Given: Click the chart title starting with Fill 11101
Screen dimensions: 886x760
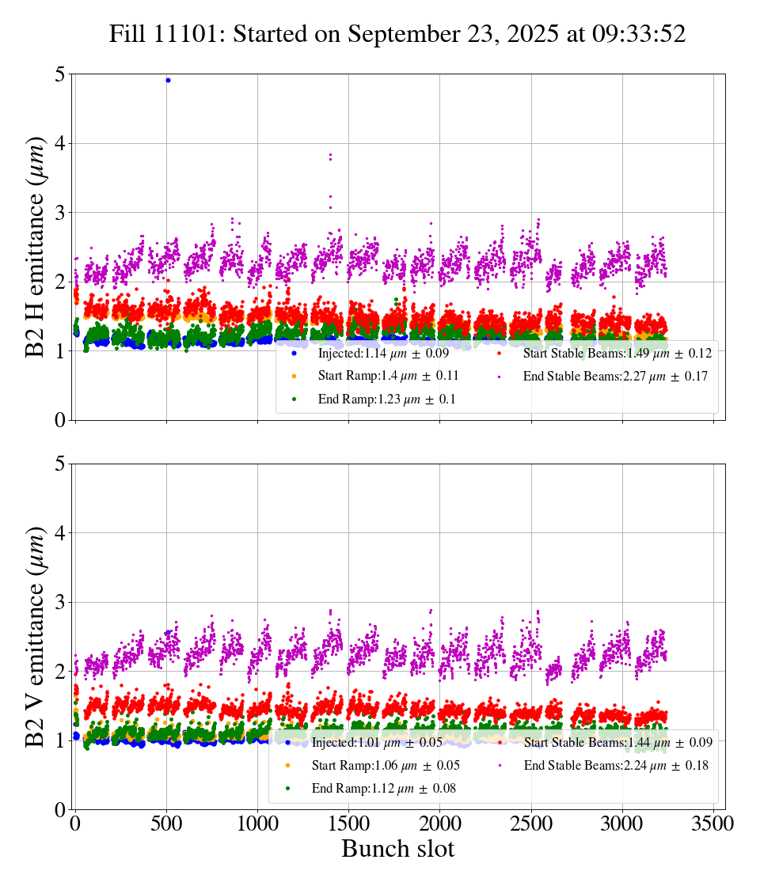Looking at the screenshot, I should [x=397, y=34].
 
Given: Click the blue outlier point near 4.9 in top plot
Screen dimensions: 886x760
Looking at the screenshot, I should [x=168, y=80].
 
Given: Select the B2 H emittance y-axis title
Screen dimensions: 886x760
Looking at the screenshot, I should [x=36, y=247].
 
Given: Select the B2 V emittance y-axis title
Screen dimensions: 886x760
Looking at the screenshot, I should [x=36, y=636].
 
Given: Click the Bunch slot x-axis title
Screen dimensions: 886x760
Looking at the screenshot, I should [x=397, y=850].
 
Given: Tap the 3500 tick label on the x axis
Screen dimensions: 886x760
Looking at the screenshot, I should [x=713, y=824].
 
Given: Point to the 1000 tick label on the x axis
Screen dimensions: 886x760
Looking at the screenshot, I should [x=257, y=824].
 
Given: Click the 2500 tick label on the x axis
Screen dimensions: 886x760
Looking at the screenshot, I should [x=531, y=824].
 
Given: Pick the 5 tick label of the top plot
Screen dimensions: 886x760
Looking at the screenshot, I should [x=59, y=74].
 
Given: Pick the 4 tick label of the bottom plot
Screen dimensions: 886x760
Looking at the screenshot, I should [x=59, y=533].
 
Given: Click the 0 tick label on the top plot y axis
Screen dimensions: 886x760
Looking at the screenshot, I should [x=59, y=420].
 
